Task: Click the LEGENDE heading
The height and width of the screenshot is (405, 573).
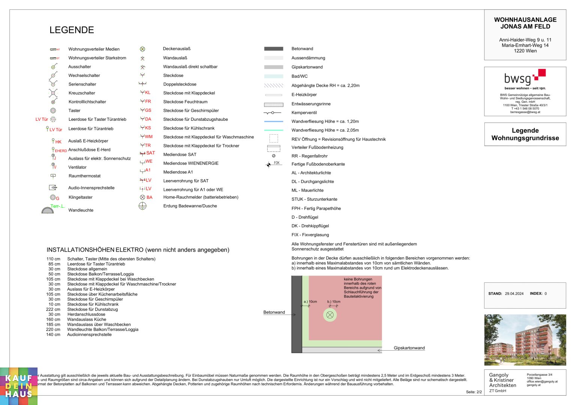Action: point(72,30)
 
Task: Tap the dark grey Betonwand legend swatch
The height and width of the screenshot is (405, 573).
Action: point(274,49)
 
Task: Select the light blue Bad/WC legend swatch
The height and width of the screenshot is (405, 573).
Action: point(274,76)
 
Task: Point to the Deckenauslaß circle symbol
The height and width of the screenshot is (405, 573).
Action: point(143,49)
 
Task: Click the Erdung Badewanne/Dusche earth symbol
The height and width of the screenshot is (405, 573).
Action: point(143,206)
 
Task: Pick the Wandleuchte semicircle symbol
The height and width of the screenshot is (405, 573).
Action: point(48,210)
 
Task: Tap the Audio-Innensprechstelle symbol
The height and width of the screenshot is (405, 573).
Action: point(53,187)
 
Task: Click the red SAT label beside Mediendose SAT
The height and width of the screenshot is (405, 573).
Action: point(150,153)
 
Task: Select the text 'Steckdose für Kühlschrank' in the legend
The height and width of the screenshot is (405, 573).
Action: point(189,128)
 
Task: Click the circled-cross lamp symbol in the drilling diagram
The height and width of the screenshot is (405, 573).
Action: point(330,315)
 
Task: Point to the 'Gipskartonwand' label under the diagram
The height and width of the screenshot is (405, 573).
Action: point(409,348)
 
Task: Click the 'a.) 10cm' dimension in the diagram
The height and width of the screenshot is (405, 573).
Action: point(310,301)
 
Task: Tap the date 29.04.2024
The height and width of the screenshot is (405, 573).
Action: point(514,294)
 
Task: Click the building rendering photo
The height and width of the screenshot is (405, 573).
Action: point(525,340)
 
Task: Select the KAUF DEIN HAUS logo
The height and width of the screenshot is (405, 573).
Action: point(19,386)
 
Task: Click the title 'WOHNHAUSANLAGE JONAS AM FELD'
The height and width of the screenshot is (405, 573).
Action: point(525,23)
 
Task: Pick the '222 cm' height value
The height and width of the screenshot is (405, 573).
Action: point(53,309)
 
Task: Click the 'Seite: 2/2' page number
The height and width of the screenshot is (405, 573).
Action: point(474,392)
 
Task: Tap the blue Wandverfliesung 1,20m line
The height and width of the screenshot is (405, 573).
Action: point(274,121)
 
